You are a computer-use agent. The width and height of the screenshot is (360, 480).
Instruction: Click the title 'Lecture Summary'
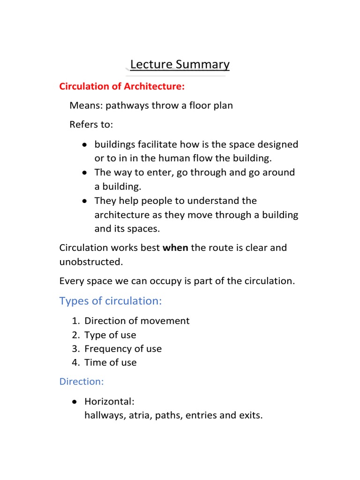tap(180, 64)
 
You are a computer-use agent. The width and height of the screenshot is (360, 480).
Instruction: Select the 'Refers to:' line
tap(91, 125)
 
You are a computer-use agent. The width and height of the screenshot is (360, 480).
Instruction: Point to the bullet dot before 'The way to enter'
tap(84, 173)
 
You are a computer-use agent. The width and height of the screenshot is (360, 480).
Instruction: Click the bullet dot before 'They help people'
tap(84, 201)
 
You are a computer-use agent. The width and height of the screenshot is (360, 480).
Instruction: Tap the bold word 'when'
tap(175, 248)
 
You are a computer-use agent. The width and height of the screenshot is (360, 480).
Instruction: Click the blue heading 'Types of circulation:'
tap(111, 301)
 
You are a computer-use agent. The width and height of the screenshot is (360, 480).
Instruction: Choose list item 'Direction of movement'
tap(137, 321)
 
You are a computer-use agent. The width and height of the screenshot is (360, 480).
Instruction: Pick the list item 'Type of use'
tap(110, 335)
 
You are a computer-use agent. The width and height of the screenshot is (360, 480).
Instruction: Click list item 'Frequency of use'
tap(123, 349)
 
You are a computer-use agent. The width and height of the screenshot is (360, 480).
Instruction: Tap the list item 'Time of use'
tap(111, 362)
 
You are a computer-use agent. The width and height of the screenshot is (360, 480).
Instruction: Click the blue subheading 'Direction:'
tap(82, 382)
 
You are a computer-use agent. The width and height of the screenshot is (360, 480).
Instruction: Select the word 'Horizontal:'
tap(109, 402)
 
